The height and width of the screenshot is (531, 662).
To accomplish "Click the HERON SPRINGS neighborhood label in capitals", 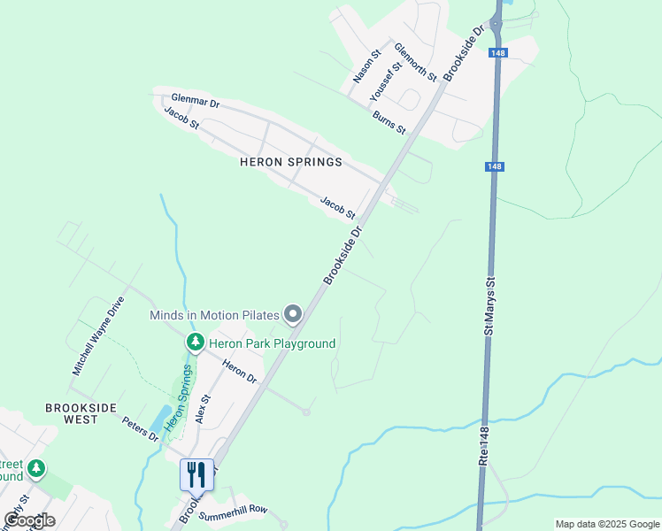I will coord(290,163).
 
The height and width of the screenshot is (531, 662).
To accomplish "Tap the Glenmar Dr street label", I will coord(195,102).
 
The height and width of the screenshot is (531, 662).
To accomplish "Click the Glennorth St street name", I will coord(415,62).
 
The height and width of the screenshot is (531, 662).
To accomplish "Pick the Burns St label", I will coord(389,123).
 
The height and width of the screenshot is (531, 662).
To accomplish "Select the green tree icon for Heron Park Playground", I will coord(194,342).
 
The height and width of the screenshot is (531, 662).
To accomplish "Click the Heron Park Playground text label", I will coord(272,342).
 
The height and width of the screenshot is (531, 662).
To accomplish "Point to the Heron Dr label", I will coord(239,372).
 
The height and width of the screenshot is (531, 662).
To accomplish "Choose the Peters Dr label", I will coord(140,428).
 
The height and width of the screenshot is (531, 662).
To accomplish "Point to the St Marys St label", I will coord(488,306).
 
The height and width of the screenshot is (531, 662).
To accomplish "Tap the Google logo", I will coord(29,520).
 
